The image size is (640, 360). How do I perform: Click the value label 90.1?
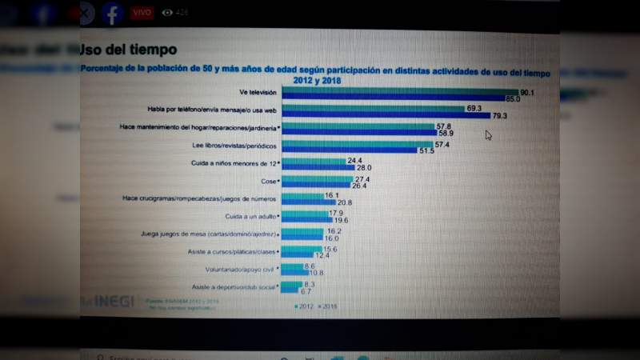(527, 93)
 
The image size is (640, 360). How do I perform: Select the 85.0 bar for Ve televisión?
(401, 99)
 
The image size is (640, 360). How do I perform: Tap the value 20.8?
(334, 203)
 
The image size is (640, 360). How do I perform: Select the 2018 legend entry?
(329, 306)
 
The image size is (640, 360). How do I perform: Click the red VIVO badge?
(141, 13)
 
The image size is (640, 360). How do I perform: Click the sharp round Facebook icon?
(111, 14)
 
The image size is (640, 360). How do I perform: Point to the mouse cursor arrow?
(488, 135)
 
